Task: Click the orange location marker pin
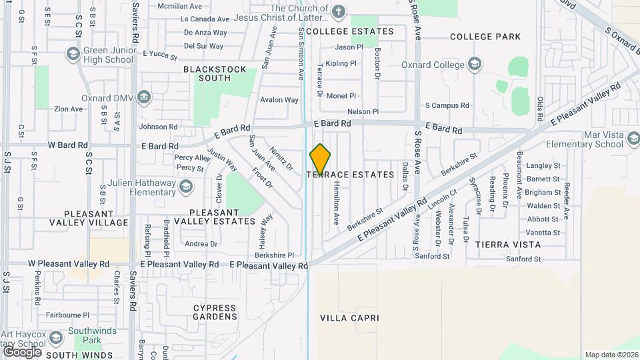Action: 320,159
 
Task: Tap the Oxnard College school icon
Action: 475,65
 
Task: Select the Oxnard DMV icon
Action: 143,98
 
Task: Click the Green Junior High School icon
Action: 73,53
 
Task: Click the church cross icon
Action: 339,11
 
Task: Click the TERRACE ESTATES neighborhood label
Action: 351,175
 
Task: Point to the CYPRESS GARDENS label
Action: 215,313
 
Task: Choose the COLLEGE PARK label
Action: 485,37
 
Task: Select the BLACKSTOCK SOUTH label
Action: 215,73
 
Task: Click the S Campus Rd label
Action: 447,105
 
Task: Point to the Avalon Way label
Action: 279,100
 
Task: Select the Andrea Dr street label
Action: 201,244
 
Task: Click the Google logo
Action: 22,351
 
